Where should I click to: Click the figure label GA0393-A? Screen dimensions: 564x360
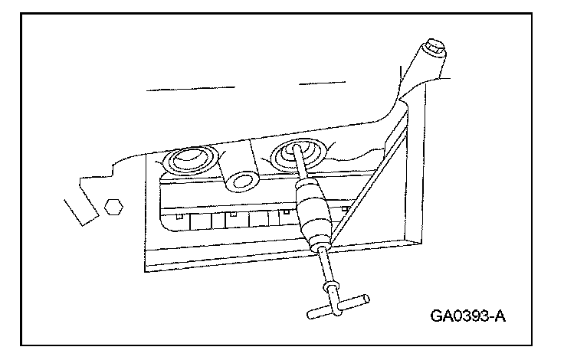460,316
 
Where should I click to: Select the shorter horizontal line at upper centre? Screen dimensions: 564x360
319,82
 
